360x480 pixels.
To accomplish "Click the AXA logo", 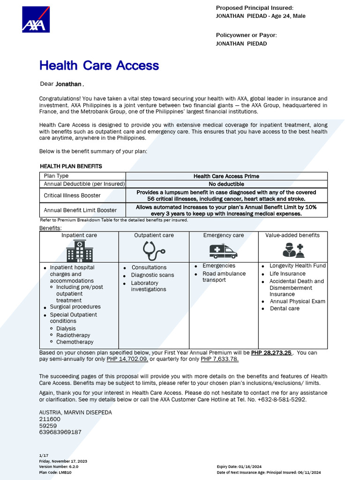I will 36,19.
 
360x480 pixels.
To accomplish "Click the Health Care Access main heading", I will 99,65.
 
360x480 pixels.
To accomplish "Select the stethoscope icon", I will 154,251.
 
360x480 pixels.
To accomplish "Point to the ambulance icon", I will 223,251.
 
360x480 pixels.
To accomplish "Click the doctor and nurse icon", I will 293,250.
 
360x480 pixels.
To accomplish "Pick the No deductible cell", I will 226,184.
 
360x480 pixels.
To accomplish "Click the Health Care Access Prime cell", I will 226,176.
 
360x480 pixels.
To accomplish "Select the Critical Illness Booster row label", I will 72,195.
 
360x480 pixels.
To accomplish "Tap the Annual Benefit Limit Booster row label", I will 80,210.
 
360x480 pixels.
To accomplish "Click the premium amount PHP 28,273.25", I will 271,352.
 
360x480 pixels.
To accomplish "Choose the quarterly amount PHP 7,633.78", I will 219,359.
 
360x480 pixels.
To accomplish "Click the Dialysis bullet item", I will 66,329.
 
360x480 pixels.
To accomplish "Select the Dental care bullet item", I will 285,308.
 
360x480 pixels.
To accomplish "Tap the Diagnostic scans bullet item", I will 152,275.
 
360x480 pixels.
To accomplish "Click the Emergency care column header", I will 223,235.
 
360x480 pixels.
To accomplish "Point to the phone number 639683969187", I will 60,432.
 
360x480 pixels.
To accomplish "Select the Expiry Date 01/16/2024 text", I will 237,467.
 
